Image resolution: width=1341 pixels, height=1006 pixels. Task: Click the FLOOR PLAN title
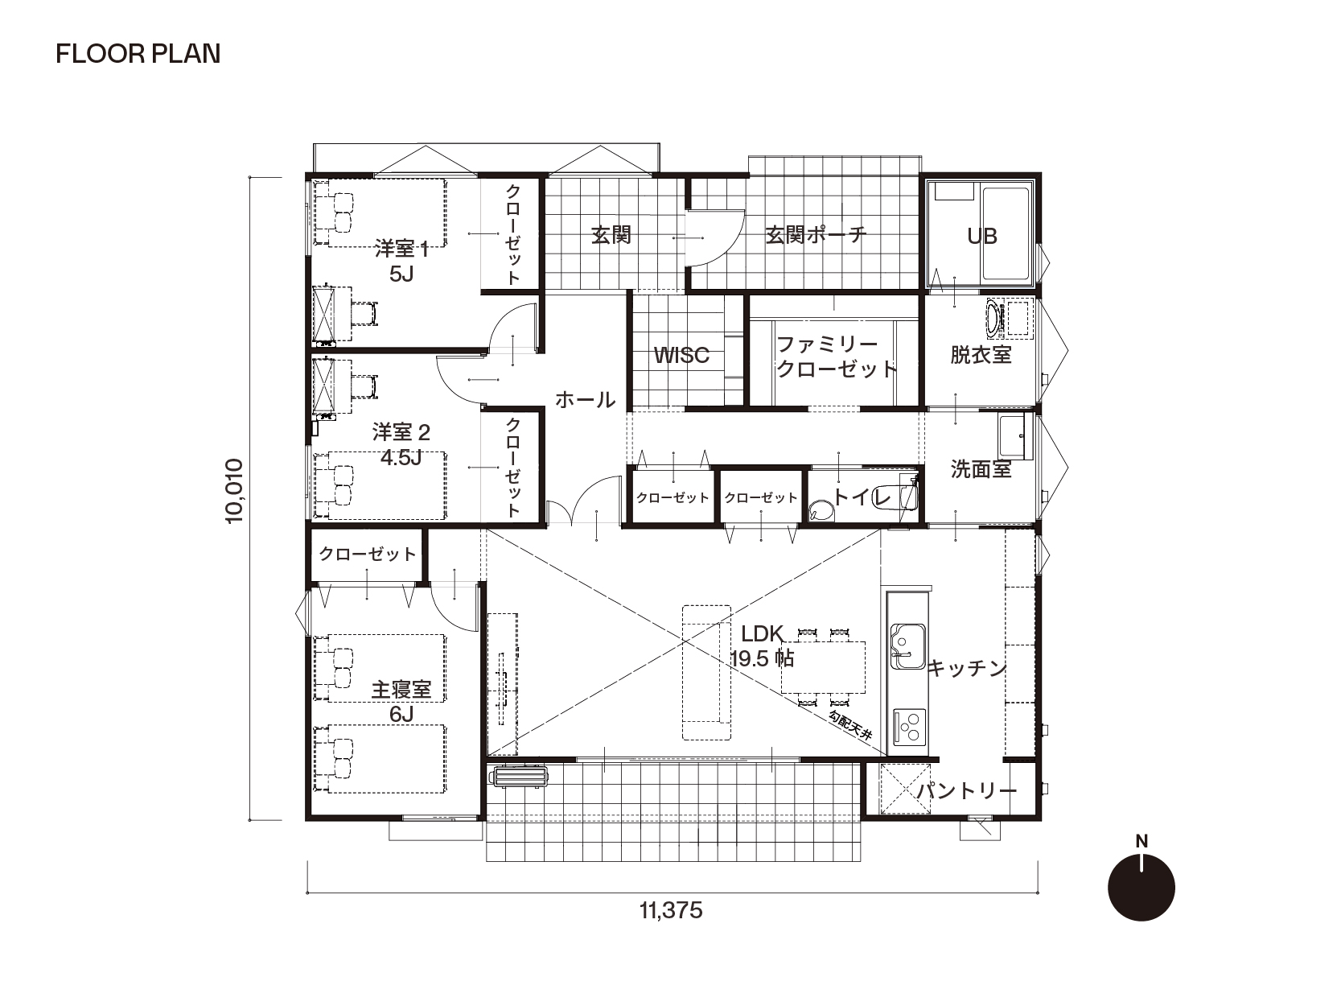[138, 54]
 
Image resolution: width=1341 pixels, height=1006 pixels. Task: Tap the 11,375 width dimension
[671, 911]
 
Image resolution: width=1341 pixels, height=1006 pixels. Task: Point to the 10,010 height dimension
[235, 491]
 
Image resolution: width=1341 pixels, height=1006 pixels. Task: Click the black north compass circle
[1141, 888]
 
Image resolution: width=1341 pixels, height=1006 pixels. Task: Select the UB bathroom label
[981, 237]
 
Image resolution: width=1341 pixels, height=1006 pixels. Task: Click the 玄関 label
[611, 235]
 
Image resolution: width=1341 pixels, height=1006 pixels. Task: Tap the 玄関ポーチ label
[816, 235]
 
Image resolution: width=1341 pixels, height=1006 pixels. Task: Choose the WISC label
[681, 356]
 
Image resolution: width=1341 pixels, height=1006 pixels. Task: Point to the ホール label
[585, 400]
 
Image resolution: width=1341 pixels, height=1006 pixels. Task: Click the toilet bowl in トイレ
[821, 511]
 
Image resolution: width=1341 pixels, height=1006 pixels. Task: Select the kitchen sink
[907, 646]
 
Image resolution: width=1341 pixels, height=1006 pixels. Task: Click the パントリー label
[966, 791]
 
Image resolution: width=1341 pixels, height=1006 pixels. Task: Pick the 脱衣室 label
[981, 355]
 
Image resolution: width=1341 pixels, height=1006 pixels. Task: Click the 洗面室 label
[981, 469]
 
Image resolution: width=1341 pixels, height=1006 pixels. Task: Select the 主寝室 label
[401, 690]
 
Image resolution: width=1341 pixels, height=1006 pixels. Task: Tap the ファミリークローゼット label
[836, 357]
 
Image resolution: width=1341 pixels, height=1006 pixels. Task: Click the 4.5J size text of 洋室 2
[401, 458]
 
